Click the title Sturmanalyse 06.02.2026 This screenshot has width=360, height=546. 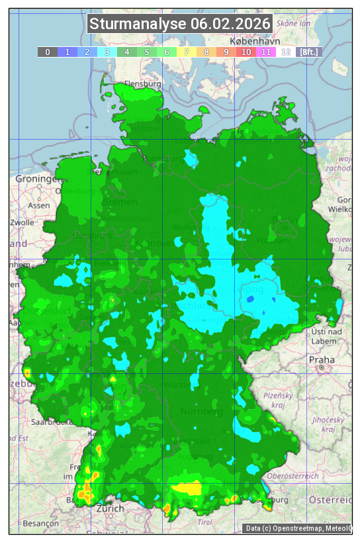180,24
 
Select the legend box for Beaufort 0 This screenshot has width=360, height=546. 48,52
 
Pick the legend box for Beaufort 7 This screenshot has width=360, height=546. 187,52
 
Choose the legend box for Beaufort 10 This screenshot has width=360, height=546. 246,52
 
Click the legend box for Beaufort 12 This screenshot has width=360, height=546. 286,52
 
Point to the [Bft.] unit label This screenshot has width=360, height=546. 308,52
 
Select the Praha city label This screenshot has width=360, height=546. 321,359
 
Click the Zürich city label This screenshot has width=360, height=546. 110,508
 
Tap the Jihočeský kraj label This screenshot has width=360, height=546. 328,424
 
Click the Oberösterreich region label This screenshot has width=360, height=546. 293,476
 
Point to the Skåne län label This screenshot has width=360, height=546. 294,23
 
